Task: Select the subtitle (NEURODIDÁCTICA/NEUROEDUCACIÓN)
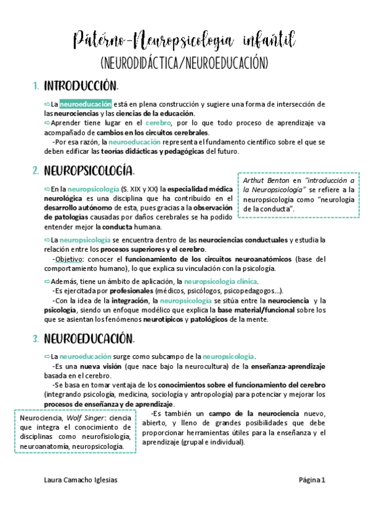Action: click(x=184, y=63)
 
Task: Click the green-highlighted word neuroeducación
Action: click(x=86, y=104)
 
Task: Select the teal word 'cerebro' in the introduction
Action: click(x=162, y=123)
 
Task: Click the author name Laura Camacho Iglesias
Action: click(x=81, y=480)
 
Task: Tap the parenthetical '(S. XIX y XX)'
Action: click(x=140, y=189)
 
